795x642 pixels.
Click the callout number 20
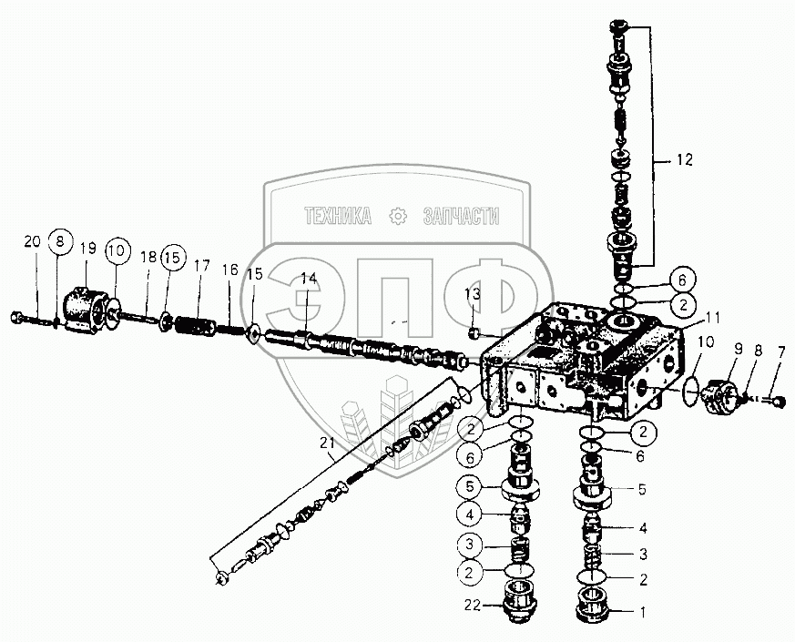[32, 241]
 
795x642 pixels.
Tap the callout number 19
[89, 248]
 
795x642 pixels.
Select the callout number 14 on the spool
[310, 279]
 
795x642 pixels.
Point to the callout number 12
[683, 160]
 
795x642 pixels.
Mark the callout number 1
[643, 612]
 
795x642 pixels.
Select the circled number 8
[60, 242]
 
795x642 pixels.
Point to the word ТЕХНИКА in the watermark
[338, 216]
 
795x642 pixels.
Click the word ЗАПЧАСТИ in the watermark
[461, 216]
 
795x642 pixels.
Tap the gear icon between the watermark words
[396, 216]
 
